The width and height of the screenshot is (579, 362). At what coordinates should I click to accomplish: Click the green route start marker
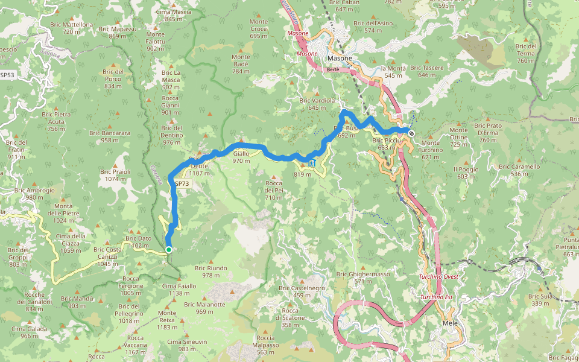(169, 250)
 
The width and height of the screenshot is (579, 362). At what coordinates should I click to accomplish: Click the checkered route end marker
(411, 133)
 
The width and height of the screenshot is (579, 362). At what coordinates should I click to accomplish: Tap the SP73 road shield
(182, 183)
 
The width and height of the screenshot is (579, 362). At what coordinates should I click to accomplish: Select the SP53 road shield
(7, 75)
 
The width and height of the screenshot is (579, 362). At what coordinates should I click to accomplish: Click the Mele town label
(450, 324)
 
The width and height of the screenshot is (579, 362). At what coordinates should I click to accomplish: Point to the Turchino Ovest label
(439, 277)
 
